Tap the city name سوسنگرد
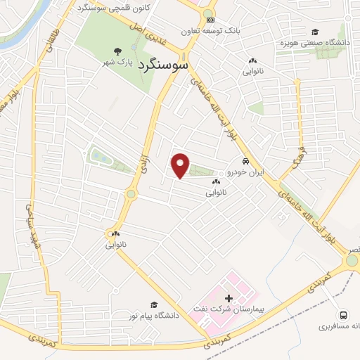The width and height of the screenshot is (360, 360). click(x=162, y=65)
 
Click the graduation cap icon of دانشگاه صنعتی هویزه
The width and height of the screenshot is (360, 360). click(x=314, y=32)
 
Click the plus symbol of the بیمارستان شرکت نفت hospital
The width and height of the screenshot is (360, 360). click(x=228, y=299)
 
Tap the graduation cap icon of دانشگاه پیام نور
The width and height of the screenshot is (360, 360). click(x=154, y=304)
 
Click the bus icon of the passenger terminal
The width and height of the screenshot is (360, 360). click(x=343, y=314)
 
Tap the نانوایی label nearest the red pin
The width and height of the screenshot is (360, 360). click(x=216, y=191)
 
